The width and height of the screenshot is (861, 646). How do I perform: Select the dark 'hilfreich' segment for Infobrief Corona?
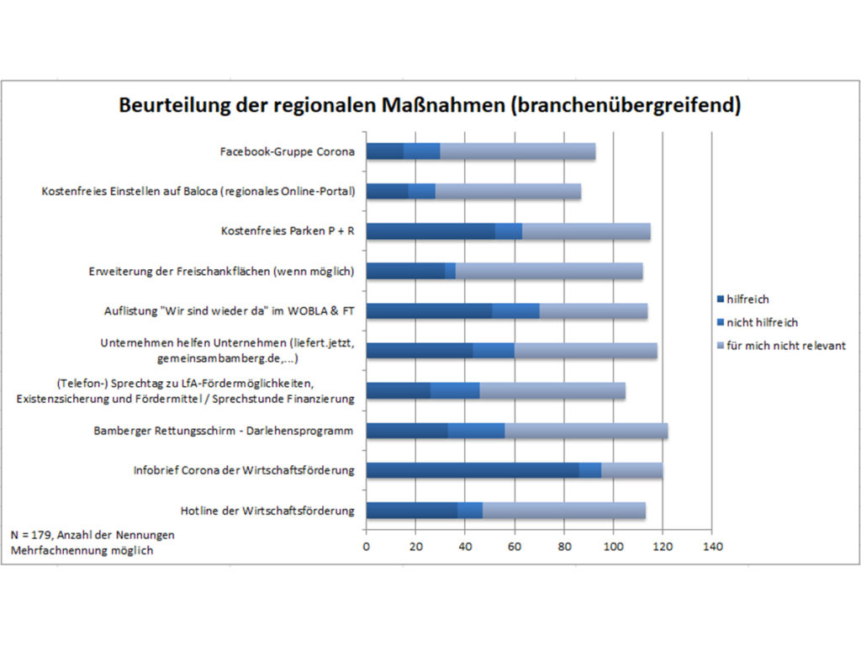(472, 470)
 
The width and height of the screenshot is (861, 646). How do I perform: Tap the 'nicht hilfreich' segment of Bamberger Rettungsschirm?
(476, 431)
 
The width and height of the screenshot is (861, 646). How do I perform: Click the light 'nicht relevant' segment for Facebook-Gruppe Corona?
(517, 151)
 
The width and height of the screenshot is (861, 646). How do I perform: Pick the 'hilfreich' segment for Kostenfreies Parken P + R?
(430, 231)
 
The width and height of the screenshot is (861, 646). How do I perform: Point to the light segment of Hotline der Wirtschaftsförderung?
(563, 510)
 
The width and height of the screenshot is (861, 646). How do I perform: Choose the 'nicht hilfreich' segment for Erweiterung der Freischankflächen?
(450, 271)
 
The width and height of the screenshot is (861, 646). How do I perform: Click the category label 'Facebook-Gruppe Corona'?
(287, 152)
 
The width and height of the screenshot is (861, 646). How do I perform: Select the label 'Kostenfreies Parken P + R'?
(288, 231)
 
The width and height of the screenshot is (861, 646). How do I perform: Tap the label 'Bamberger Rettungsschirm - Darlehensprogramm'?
(224, 432)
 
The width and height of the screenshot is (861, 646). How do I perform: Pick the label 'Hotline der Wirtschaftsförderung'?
(267, 511)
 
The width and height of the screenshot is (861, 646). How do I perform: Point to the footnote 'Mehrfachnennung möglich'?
(82, 550)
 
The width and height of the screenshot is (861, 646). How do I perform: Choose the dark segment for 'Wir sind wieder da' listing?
(429, 310)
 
